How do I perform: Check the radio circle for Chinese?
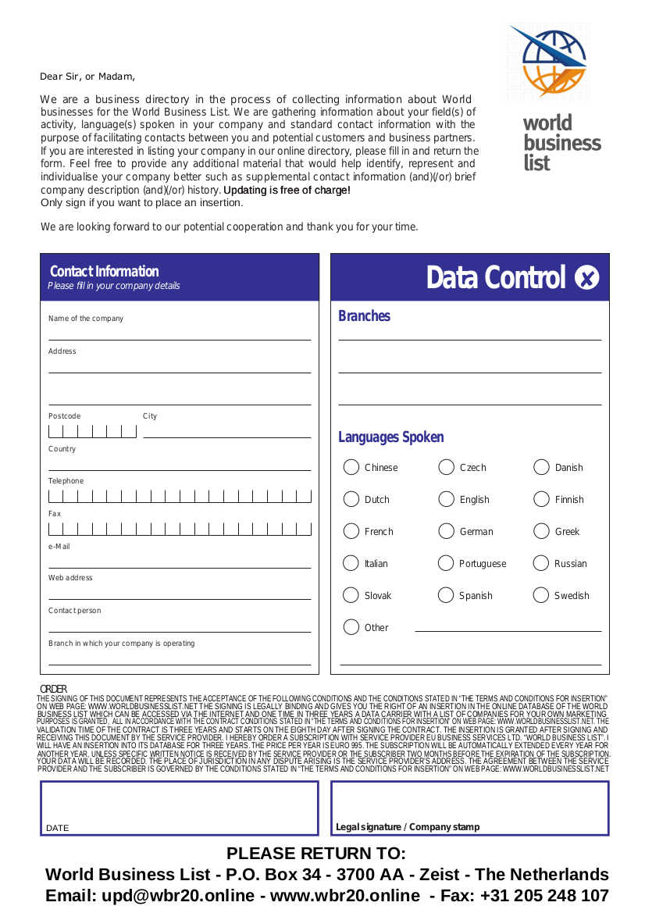pyautogui.click(x=351, y=467)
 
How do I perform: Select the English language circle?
pyautogui.click(x=446, y=499)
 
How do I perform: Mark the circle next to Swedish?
pyautogui.click(x=541, y=595)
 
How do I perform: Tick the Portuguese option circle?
pyautogui.click(x=446, y=563)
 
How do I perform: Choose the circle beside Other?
pyautogui.click(x=351, y=627)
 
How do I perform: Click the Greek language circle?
pyautogui.click(x=541, y=531)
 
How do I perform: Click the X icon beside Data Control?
pyautogui.click(x=586, y=277)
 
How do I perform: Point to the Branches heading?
pyautogui.click(x=364, y=316)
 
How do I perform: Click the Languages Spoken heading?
pyautogui.click(x=390, y=437)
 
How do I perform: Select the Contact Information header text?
pyautogui.click(x=104, y=272)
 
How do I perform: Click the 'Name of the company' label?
pyautogui.click(x=86, y=319)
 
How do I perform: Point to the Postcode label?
pyautogui.click(x=64, y=416)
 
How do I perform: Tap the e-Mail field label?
pyautogui.click(x=59, y=547)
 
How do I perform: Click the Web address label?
pyautogui.click(x=70, y=578)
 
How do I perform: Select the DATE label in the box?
pyautogui.click(x=57, y=828)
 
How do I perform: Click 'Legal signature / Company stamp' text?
pyautogui.click(x=408, y=827)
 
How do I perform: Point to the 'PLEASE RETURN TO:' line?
pyautogui.click(x=316, y=853)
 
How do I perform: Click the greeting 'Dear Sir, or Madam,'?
pyautogui.click(x=87, y=77)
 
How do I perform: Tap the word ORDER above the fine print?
pyautogui.click(x=54, y=689)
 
